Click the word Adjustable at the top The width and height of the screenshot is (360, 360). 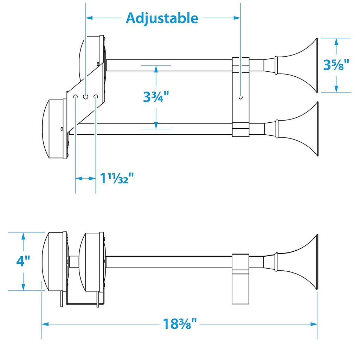pos(162,18)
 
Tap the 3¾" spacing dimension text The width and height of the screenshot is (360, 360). pos(156,97)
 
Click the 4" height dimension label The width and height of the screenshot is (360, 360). pos(23,261)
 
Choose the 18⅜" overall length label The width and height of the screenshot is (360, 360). pos(179,323)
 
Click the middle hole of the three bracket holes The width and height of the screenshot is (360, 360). pos(85,96)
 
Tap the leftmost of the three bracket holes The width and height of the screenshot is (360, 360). pos(76,96)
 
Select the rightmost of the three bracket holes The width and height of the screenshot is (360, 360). pos(96,96)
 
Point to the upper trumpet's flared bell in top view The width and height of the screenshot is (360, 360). pos(306,65)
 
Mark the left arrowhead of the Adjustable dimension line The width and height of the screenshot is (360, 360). pos(89,17)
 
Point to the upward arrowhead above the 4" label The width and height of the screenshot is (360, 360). pos(23,236)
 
